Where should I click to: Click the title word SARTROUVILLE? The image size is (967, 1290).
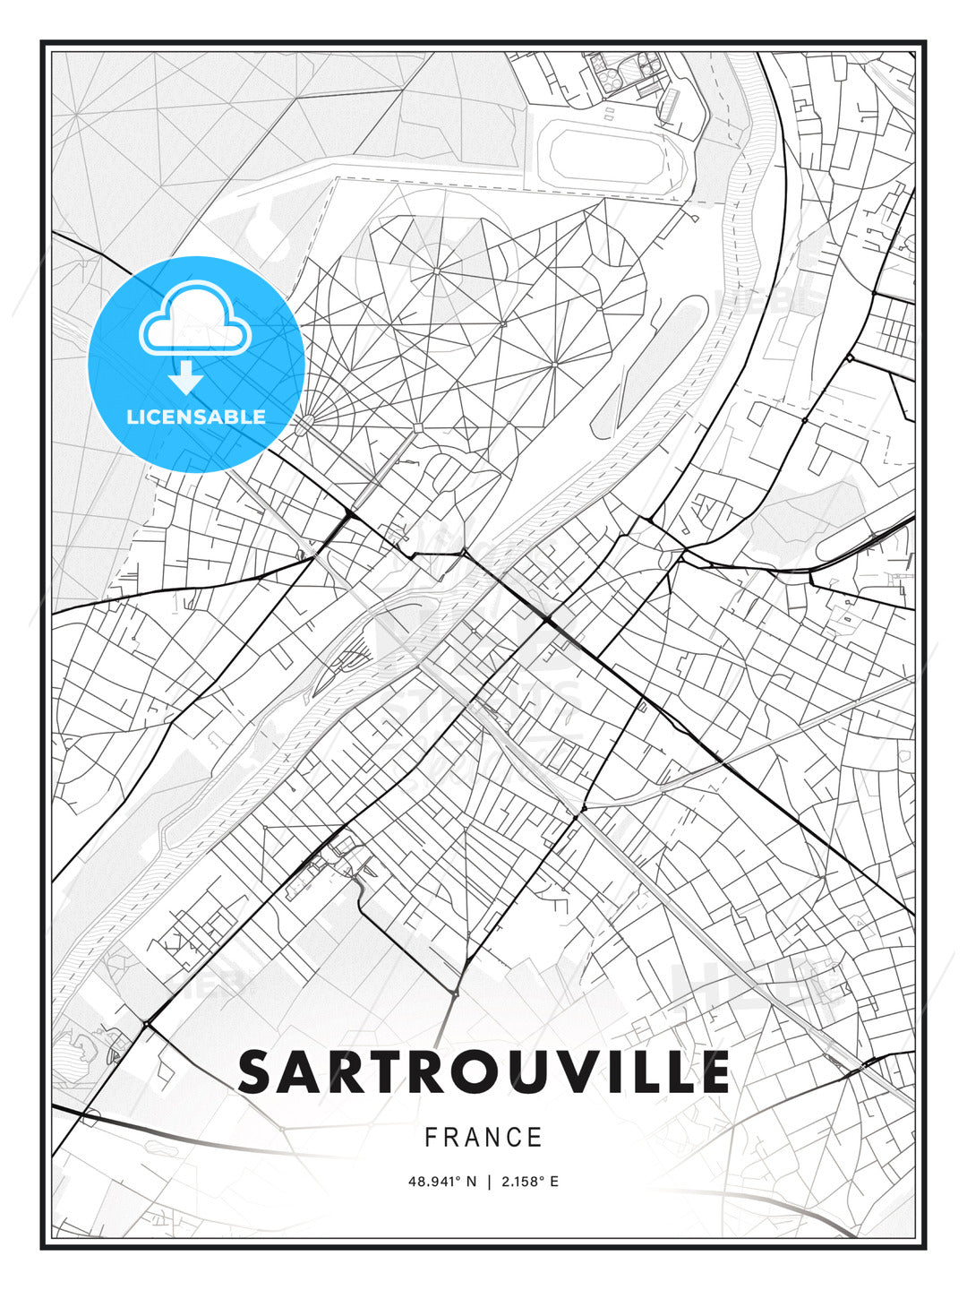483,1072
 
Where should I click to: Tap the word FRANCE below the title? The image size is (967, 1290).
483,1138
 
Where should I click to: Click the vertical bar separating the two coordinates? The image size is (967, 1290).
488,1182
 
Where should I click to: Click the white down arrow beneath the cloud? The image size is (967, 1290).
186,377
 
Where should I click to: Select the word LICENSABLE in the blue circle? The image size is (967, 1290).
196,417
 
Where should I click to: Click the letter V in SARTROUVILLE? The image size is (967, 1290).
570,1072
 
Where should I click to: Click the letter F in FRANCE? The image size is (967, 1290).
431,1138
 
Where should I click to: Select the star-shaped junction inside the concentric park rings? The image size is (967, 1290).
436,270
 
